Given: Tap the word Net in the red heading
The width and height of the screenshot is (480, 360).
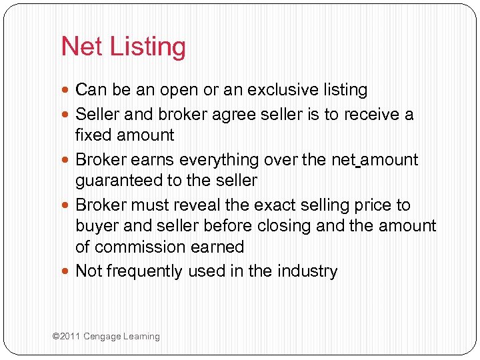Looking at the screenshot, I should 81,47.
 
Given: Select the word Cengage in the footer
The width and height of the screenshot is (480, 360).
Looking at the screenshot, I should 102,337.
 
